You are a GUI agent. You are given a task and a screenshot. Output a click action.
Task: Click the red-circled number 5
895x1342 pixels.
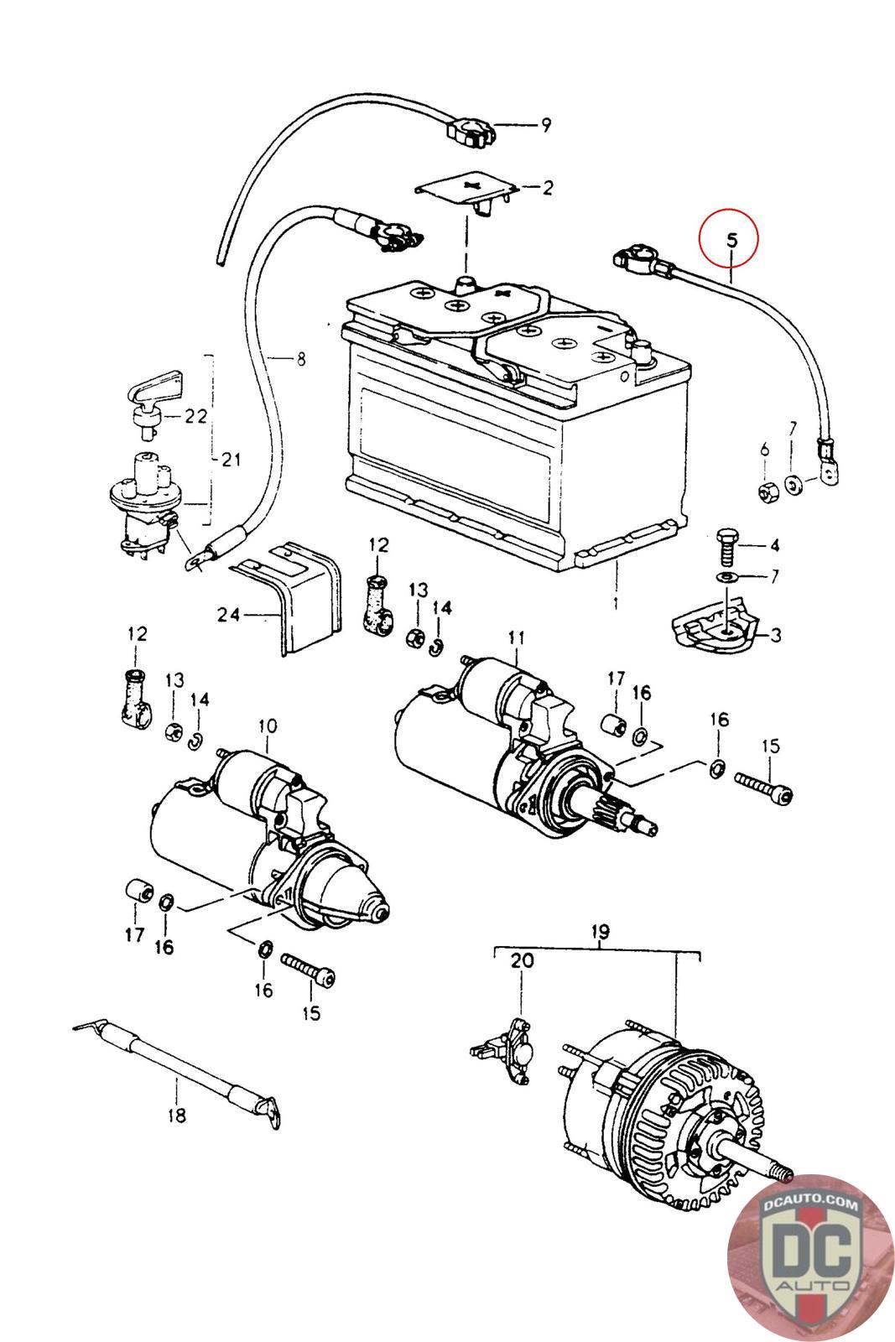pyautogui.click(x=731, y=241)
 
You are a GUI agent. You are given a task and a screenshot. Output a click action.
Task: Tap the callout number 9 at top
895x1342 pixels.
pyautogui.click(x=546, y=125)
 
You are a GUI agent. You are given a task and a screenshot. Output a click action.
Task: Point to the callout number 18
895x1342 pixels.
pyautogui.click(x=177, y=1115)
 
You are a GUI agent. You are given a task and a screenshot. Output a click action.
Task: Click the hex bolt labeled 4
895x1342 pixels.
pyautogui.click(x=726, y=545)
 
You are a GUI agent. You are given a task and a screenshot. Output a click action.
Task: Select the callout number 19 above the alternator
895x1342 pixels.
pyautogui.click(x=601, y=932)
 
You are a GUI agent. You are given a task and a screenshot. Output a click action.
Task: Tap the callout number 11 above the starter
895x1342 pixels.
pyautogui.click(x=517, y=637)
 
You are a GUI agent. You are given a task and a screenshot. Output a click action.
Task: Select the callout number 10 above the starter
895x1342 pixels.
pyautogui.click(x=268, y=726)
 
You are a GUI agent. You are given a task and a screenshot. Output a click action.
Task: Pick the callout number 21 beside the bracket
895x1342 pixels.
pyautogui.click(x=232, y=460)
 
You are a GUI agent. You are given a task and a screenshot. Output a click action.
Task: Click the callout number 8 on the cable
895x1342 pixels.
pyautogui.click(x=301, y=359)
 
